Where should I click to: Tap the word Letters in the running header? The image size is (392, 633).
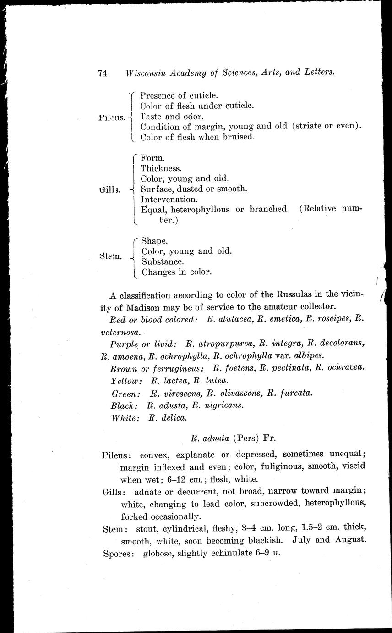click(x=318, y=72)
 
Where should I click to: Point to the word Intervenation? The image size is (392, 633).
click(x=169, y=199)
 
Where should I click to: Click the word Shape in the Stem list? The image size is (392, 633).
click(x=154, y=240)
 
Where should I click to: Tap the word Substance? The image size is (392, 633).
click(x=163, y=261)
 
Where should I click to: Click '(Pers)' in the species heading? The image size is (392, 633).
click(x=247, y=438)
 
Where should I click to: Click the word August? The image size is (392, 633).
click(x=349, y=539)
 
